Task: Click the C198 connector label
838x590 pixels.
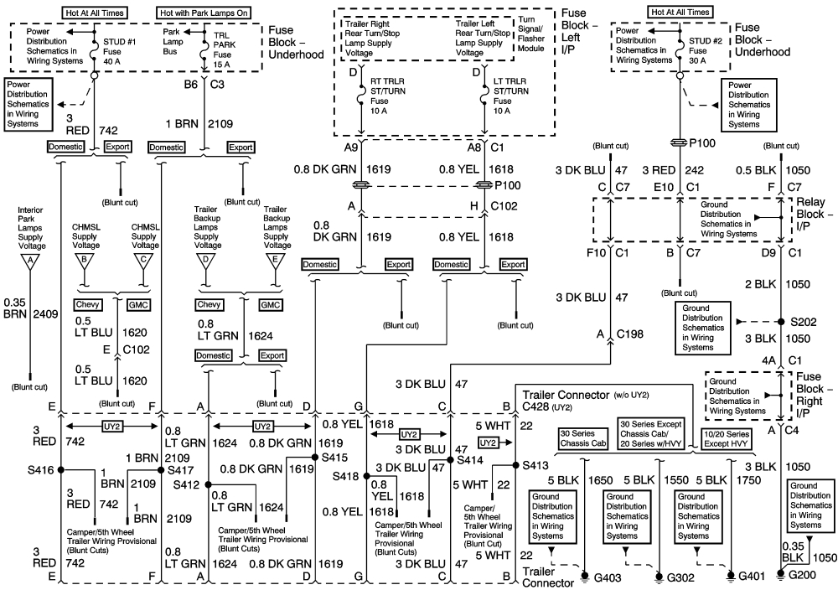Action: pos(630,334)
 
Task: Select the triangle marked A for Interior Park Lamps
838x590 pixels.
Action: pos(31,260)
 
